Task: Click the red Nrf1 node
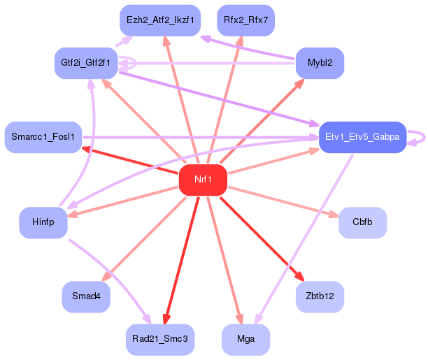point(203,180)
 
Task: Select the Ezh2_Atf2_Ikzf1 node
point(160,20)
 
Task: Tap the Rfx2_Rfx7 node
point(245,20)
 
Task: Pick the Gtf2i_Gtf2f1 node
point(86,63)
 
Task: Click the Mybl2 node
point(320,63)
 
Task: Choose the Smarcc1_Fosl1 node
point(43,137)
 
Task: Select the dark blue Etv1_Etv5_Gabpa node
point(362,137)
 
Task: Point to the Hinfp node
point(43,222)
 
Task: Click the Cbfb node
point(362,222)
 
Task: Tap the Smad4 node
point(86,296)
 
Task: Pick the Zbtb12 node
point(320,296)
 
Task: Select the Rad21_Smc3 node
point(160,340)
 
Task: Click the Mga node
point(245,340)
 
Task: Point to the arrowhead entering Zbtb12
point(300,276)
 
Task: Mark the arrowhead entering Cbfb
point(334,215)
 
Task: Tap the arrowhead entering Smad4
point(106,277)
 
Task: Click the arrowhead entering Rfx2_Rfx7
point(239,41)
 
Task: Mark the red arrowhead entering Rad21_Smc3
point(166,319)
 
